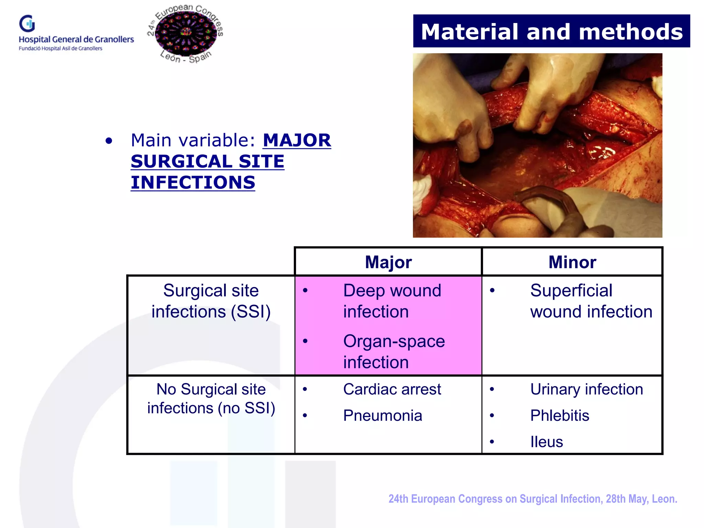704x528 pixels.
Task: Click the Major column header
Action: (388, 262)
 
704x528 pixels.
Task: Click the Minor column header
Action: (572, 262)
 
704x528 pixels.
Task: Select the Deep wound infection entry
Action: (392, 301)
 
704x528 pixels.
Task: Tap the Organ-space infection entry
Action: (394, 351)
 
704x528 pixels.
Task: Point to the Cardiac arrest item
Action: (392, 389)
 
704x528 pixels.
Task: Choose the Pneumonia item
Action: (382, 416)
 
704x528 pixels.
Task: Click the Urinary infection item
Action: (586, 389)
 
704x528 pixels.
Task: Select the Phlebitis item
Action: (559, 416)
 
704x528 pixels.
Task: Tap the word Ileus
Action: (546, 442)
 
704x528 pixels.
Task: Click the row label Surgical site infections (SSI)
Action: (211, 301)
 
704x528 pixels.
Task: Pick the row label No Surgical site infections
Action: (211, 399)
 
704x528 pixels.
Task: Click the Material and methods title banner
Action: (551, 31)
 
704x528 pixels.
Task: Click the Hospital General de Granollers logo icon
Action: (27, 24)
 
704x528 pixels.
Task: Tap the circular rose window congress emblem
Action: (186, 33)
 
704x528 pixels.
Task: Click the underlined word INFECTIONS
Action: (193, 183)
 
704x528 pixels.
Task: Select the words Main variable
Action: (193, 140)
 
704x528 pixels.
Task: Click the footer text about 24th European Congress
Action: (532, 499)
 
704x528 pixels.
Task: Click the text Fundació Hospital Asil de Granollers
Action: (60, 48)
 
